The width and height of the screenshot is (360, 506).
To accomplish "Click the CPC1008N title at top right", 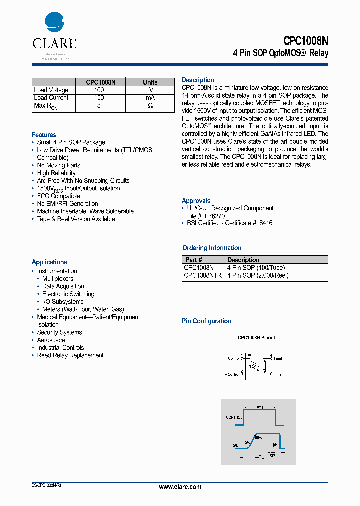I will click(x=306, y=41).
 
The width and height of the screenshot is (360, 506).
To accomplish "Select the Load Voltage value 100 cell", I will click(x=99, y=90).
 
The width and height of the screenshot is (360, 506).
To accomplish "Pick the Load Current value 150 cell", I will click(x=99, y=98).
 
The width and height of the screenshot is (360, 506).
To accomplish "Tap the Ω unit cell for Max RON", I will click(x=150, y=106).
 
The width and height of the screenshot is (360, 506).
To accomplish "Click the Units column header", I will click(x=150, y=82).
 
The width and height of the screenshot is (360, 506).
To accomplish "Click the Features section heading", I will click(x=44, y=135).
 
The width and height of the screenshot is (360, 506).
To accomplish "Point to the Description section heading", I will click(x=198, y=80).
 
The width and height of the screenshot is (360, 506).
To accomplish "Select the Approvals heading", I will click(x=196, y=201).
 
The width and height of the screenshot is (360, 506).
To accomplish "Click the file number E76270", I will click(x=213, y=216).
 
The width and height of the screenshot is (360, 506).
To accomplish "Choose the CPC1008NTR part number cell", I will click(x=203, y=275).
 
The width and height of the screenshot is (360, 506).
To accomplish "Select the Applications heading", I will click(x=49, y=262).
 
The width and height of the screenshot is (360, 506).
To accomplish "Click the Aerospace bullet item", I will click(x=51, y=340).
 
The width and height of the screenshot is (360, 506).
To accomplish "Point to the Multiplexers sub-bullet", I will click(x=58, y=279).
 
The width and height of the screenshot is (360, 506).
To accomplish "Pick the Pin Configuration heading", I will click(x=206, y=321).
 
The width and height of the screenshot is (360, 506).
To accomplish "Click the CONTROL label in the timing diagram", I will click(x=234, y=417).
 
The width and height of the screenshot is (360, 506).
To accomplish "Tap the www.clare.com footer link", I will click(x=180, y=487).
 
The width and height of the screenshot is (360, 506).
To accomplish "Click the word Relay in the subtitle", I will click(x=319, y=53).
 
